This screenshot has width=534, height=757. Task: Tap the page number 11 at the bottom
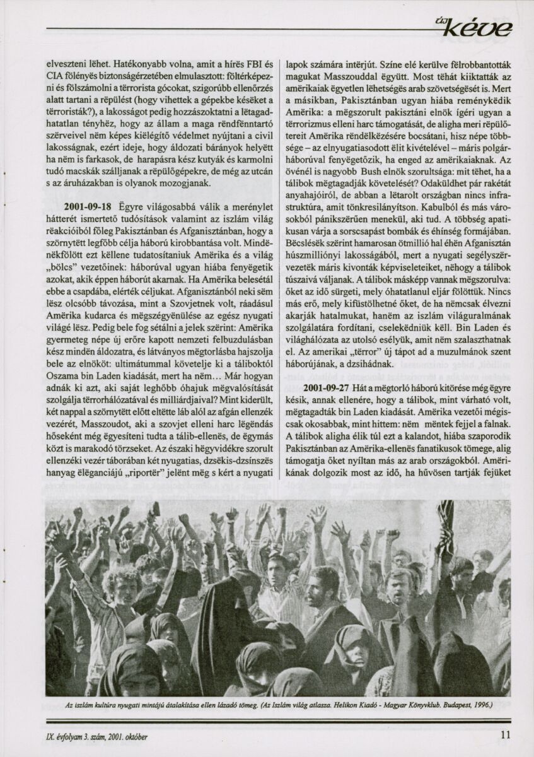coord(505,734)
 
